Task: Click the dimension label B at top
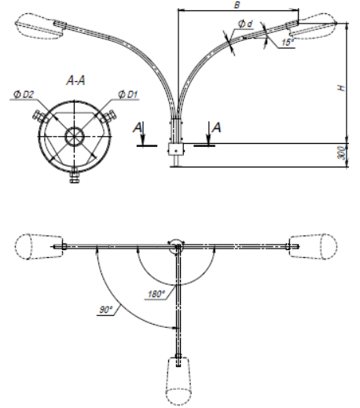pos(237,5)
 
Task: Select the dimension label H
pos(341,87)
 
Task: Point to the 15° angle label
pos(288,42)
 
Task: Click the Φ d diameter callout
pos(245,24)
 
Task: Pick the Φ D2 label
pos(24,94)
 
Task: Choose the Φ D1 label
pos(127,94)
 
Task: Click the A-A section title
pos(75,80)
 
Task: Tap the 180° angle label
pos(156,294)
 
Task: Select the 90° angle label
pos(105,310)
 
